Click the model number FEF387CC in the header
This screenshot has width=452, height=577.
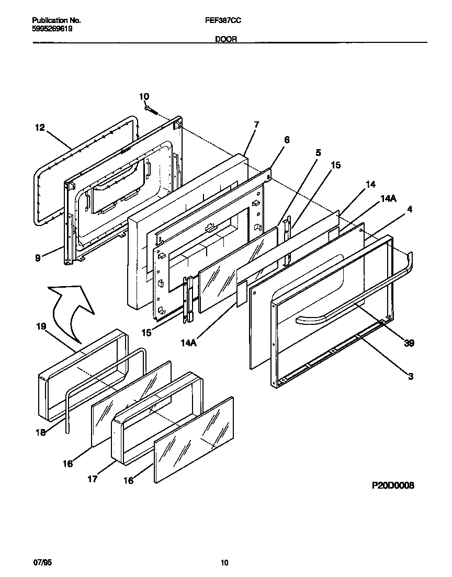225,20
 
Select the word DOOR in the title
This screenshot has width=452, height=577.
225,39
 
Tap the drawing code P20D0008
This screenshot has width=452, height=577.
393,485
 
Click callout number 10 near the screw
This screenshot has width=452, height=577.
144,96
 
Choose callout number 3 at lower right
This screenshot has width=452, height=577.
411,376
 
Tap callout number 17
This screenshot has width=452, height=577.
92,479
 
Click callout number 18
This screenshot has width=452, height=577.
41,433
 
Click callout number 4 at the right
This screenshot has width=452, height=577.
410,209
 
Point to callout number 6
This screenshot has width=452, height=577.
286,140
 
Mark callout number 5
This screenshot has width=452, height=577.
318,153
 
